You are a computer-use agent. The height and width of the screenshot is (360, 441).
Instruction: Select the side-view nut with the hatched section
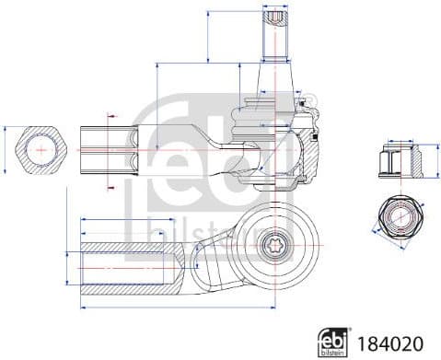coord(401,163)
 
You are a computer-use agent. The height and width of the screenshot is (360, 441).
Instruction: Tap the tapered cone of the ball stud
coord(276,74)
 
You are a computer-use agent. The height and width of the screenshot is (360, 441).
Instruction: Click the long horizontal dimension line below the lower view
coord(175,305)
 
